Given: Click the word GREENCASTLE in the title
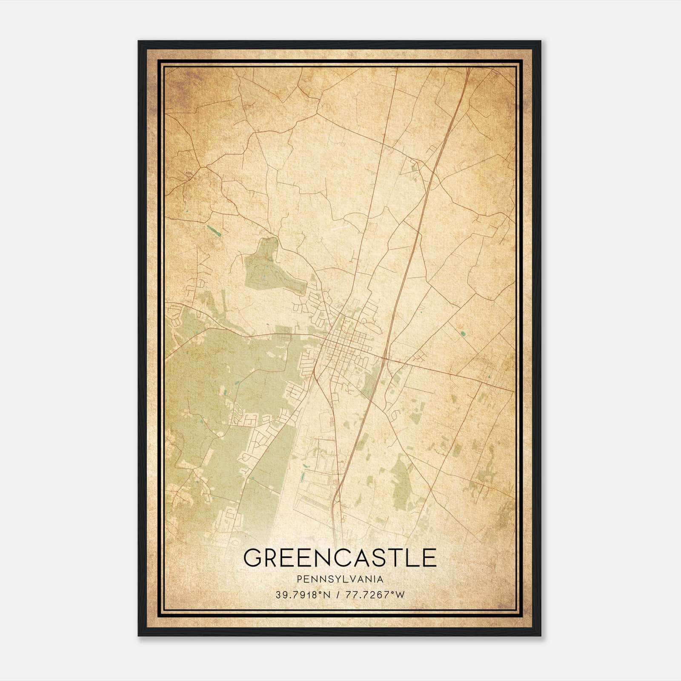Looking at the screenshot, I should click(340, 557).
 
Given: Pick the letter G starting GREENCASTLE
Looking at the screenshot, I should click(252, 558).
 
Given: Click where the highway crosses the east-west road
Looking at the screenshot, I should click(384, 359).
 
